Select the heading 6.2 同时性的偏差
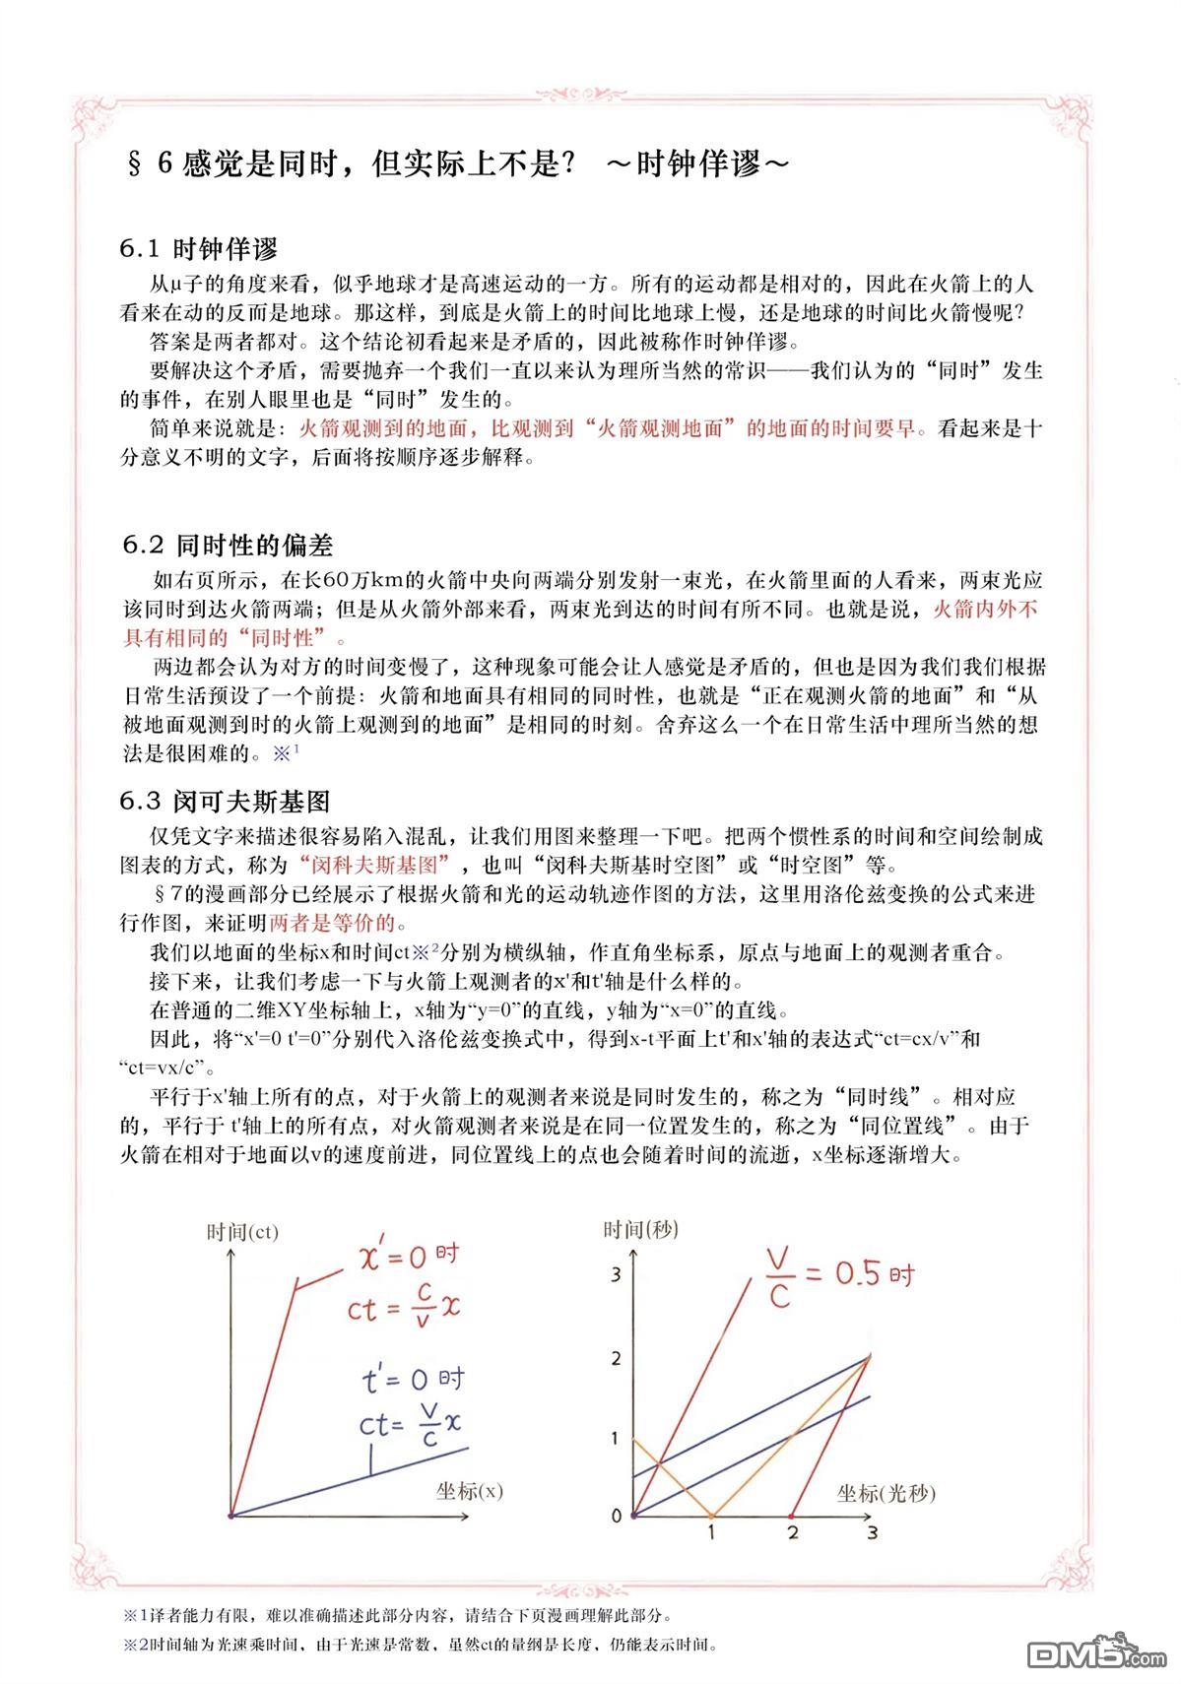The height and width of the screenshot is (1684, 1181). point(228,545)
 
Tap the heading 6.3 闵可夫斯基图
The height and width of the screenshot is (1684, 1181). point(226,801)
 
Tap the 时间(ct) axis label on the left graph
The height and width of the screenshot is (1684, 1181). point(242,1231)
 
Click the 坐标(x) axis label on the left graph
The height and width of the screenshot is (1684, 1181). point(469,1490)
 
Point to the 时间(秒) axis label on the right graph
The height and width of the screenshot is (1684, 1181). point(641,1228)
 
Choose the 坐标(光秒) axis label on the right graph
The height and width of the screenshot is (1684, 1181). point(886,1493)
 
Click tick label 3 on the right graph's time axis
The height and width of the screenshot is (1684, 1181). point(617,1275)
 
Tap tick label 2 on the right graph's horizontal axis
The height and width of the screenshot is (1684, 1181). point(792,1532)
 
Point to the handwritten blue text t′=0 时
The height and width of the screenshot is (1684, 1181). point(413,1380)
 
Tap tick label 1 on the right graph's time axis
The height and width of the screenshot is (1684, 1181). point(617,1439)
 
